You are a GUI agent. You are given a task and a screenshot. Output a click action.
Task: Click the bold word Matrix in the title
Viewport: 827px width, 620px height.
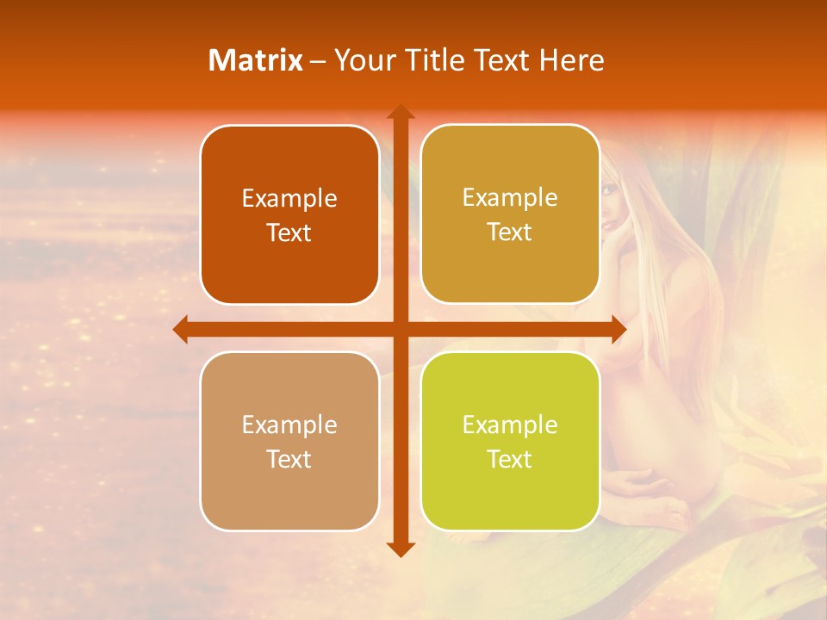256,60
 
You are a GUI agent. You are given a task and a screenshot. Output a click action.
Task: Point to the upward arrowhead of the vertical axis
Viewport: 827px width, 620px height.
400,113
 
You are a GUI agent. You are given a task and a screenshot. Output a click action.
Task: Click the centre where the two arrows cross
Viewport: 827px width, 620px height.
400,329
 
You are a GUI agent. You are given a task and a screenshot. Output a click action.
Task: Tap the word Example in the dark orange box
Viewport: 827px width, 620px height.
289,199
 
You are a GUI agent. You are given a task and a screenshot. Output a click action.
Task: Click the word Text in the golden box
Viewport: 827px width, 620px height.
510,232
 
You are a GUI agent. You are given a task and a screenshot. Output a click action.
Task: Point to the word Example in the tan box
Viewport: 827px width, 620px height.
289,425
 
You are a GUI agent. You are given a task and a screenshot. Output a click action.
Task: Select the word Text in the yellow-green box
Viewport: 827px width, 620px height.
510,459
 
